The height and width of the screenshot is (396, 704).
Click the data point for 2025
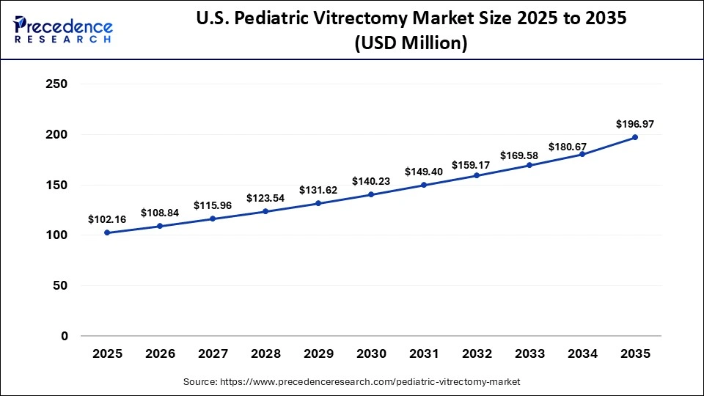(x=107, y=232)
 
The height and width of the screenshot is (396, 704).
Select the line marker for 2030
(x=371, y=194)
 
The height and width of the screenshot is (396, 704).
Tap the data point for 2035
(x=635, y=137)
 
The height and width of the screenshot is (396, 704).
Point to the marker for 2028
(x=265, y=211)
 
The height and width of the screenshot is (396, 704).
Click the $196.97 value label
(x=635, y=124)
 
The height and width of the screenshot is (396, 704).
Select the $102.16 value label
(x=106, y=219)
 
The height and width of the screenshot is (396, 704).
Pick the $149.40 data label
(x=423, y=172)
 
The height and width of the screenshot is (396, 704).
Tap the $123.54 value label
(x=265, y=198)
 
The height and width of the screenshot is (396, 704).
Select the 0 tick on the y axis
(x=64, y=336)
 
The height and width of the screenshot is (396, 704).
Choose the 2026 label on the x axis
(x=160, y=353)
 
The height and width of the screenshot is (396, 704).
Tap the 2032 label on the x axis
(x=477, y=353)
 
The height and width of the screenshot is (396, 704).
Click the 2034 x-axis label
(x=582, y=353)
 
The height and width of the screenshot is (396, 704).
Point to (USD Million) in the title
(x=411, y=43)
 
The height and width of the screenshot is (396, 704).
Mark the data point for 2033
(x=529, y=165)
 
